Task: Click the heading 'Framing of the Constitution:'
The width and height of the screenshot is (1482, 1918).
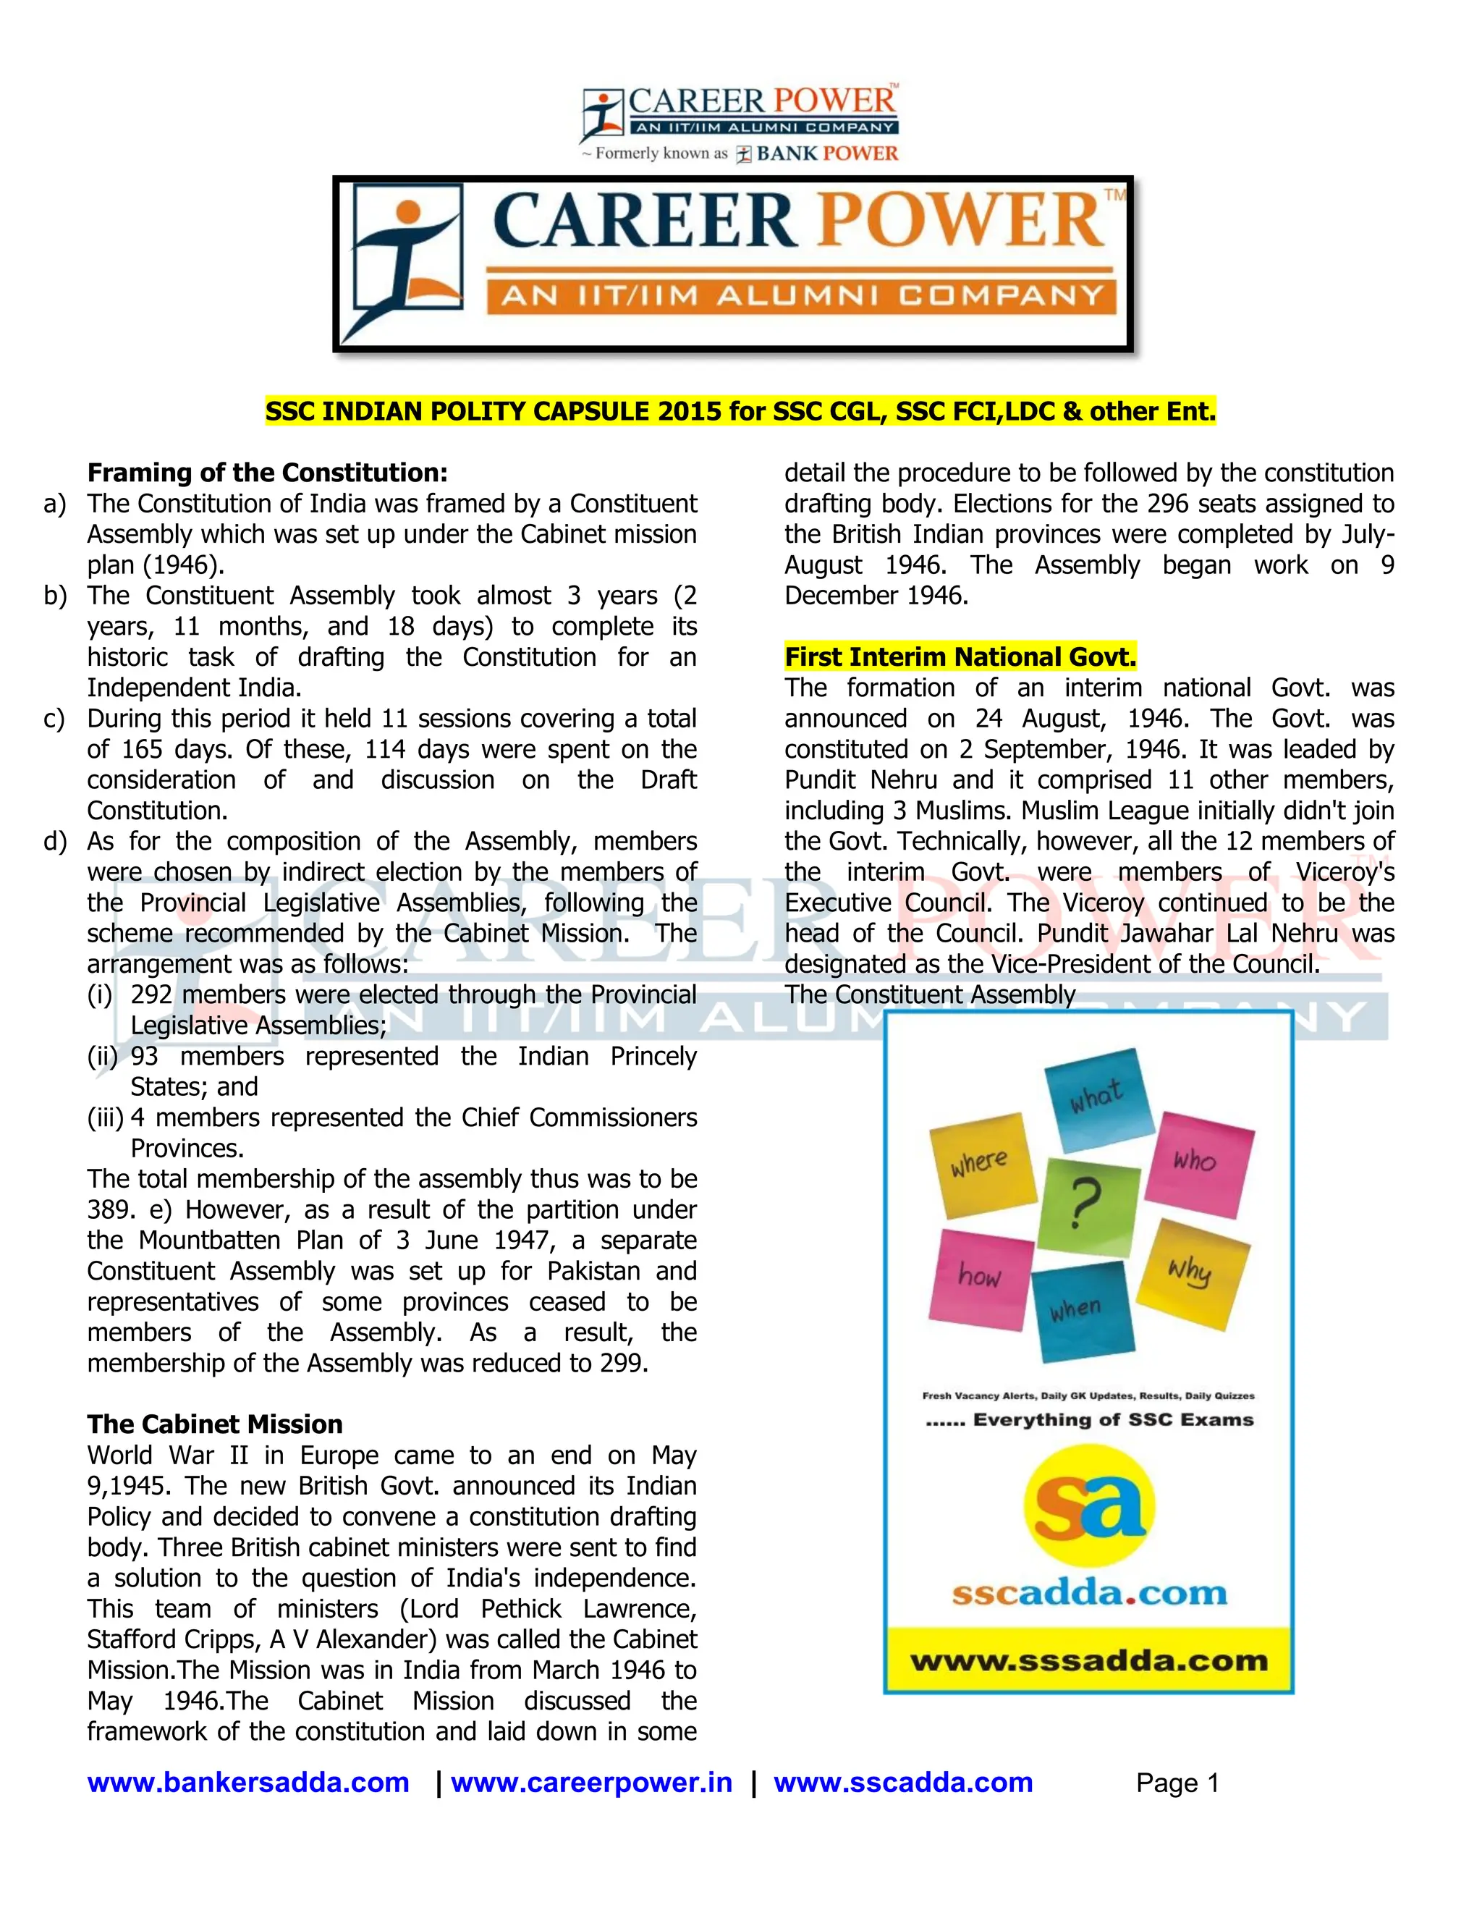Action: [267, 473]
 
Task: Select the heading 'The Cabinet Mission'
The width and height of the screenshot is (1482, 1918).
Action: [214, 1424]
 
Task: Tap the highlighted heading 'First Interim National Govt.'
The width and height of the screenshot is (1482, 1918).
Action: [960, 657]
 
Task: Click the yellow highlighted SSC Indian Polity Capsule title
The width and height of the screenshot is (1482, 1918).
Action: [740, 411]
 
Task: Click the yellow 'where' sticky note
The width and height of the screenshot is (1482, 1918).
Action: [981, 1165]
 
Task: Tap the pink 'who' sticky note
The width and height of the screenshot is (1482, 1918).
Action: [1198, 1163]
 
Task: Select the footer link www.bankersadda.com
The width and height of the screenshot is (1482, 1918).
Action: [248, 1783]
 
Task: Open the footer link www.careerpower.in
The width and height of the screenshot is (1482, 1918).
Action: [591, 1783]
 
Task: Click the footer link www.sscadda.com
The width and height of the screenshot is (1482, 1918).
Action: [902, 1783]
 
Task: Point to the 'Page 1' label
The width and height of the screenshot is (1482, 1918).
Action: [1177, 1783]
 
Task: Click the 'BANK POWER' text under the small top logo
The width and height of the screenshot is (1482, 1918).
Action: [827, 153]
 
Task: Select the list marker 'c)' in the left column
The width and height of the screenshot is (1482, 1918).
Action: [54, 719]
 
